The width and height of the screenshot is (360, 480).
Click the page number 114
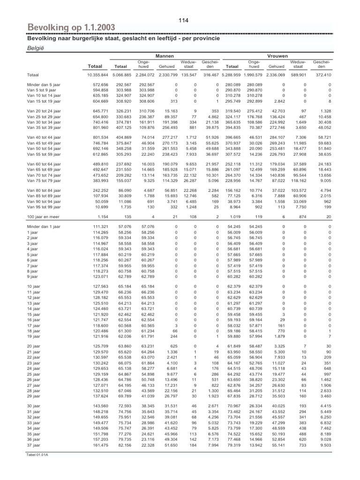coord(183,20)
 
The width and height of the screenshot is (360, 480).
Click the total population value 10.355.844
coord(97,75)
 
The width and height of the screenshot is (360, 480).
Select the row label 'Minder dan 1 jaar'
coord(44,226)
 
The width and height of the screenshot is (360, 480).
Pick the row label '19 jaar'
coord(34,336)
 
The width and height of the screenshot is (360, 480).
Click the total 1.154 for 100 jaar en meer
coord(102,217)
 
